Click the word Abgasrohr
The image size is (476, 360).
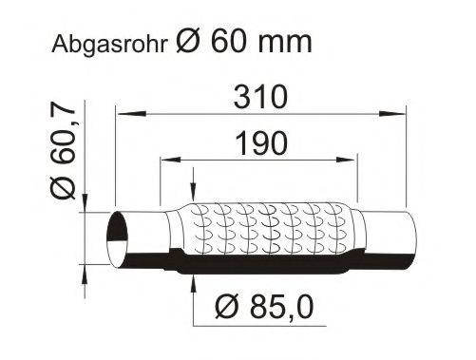tap(109, 45)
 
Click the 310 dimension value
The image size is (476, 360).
tap(260, 97)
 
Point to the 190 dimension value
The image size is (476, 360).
tap(261, 143)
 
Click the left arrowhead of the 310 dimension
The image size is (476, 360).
tap(130, 113)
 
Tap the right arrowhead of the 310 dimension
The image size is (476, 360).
tap(391, 113)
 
